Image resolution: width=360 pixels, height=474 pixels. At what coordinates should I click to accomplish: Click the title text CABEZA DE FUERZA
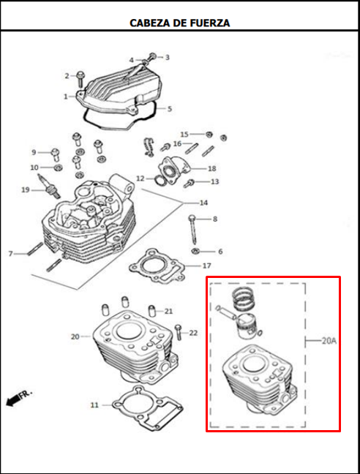point(179,23)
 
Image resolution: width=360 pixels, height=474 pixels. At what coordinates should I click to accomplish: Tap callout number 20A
point(329,341)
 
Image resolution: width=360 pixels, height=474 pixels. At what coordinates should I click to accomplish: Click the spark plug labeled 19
point(48,187)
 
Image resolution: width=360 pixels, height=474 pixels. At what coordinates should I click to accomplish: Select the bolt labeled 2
point(80,78)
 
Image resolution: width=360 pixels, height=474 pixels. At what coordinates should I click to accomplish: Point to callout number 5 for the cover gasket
point(170,108)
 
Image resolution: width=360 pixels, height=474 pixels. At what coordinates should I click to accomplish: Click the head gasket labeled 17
point(157,266)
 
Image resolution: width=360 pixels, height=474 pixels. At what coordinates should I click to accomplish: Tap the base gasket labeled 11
point(148,407)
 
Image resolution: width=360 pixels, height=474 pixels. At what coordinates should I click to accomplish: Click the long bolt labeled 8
point(192,229)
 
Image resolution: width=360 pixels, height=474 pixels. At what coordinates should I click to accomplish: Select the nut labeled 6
point(195,251)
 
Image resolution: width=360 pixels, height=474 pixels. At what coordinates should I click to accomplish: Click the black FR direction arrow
point(12,401)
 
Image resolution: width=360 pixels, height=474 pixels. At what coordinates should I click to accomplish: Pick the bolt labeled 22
point(178,332)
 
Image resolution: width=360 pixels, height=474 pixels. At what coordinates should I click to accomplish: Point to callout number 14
point(203,203)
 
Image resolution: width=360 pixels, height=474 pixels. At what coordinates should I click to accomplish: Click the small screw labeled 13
point(190,183)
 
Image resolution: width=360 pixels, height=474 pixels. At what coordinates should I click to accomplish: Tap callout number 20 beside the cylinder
point(75,336)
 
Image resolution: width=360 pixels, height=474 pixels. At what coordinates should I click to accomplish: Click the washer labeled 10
point(58,167)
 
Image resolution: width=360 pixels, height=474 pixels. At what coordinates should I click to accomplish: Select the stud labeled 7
point(35,249)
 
